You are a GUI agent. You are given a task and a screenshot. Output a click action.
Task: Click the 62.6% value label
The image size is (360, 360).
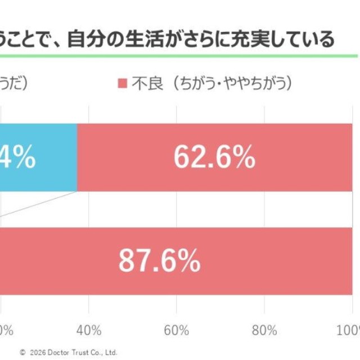pos(214,158)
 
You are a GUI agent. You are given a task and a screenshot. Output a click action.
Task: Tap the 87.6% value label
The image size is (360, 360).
pos(159,261)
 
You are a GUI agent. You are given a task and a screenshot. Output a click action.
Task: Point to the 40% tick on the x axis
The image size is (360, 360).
pos(89,328)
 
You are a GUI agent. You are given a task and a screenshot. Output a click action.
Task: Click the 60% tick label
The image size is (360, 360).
pos(177,328)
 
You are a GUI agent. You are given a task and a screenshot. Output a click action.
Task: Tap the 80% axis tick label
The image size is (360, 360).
pos(265,328)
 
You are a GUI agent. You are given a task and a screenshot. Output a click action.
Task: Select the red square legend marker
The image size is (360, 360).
pos(123,84)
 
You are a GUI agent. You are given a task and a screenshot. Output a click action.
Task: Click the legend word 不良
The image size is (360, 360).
pos(147,84)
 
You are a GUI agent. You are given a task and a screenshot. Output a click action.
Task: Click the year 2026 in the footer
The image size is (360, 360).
pos(37,353)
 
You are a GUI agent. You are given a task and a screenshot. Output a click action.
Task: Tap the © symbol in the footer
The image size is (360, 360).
pos(22,353)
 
